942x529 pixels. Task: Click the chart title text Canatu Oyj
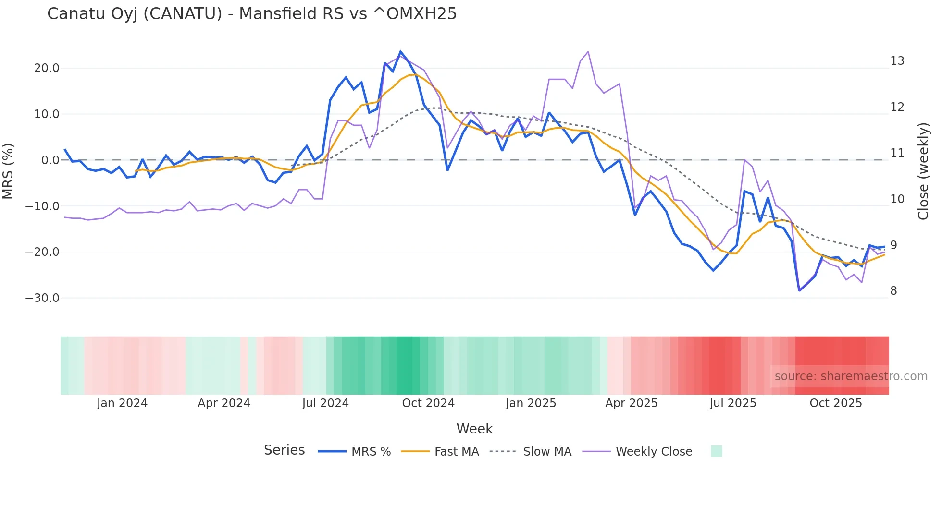tap(251, 13)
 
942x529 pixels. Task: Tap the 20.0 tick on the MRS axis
tap(46, 68)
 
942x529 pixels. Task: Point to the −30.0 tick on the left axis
tap(42, 298)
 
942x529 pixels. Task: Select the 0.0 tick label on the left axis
tap(50, 160)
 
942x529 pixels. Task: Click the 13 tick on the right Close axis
tap(897, 61)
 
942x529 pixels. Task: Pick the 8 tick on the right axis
tap(893, 291)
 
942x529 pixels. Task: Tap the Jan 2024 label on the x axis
tap(122, 403)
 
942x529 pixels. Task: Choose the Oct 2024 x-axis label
tap(428, 403)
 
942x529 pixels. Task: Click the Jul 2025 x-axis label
tap(733, 403)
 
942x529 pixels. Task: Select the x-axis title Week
tap(474, 429)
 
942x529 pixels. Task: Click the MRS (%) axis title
tap(8, 171)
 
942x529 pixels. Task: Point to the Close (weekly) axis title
tap(923, 171)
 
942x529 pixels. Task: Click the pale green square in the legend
tap(716, 451)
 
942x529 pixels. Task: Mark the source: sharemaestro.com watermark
tap(851, 376)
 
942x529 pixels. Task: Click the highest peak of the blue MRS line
tap(400, 51)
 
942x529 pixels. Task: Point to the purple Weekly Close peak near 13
tap(588, 52)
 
